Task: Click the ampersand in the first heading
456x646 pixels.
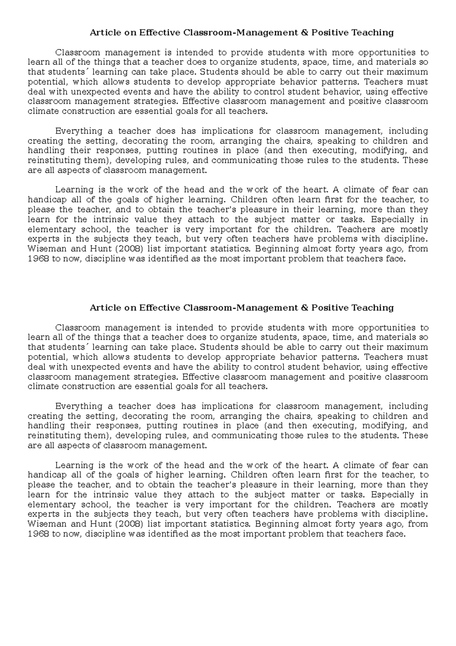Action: click(x=304, y=33)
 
